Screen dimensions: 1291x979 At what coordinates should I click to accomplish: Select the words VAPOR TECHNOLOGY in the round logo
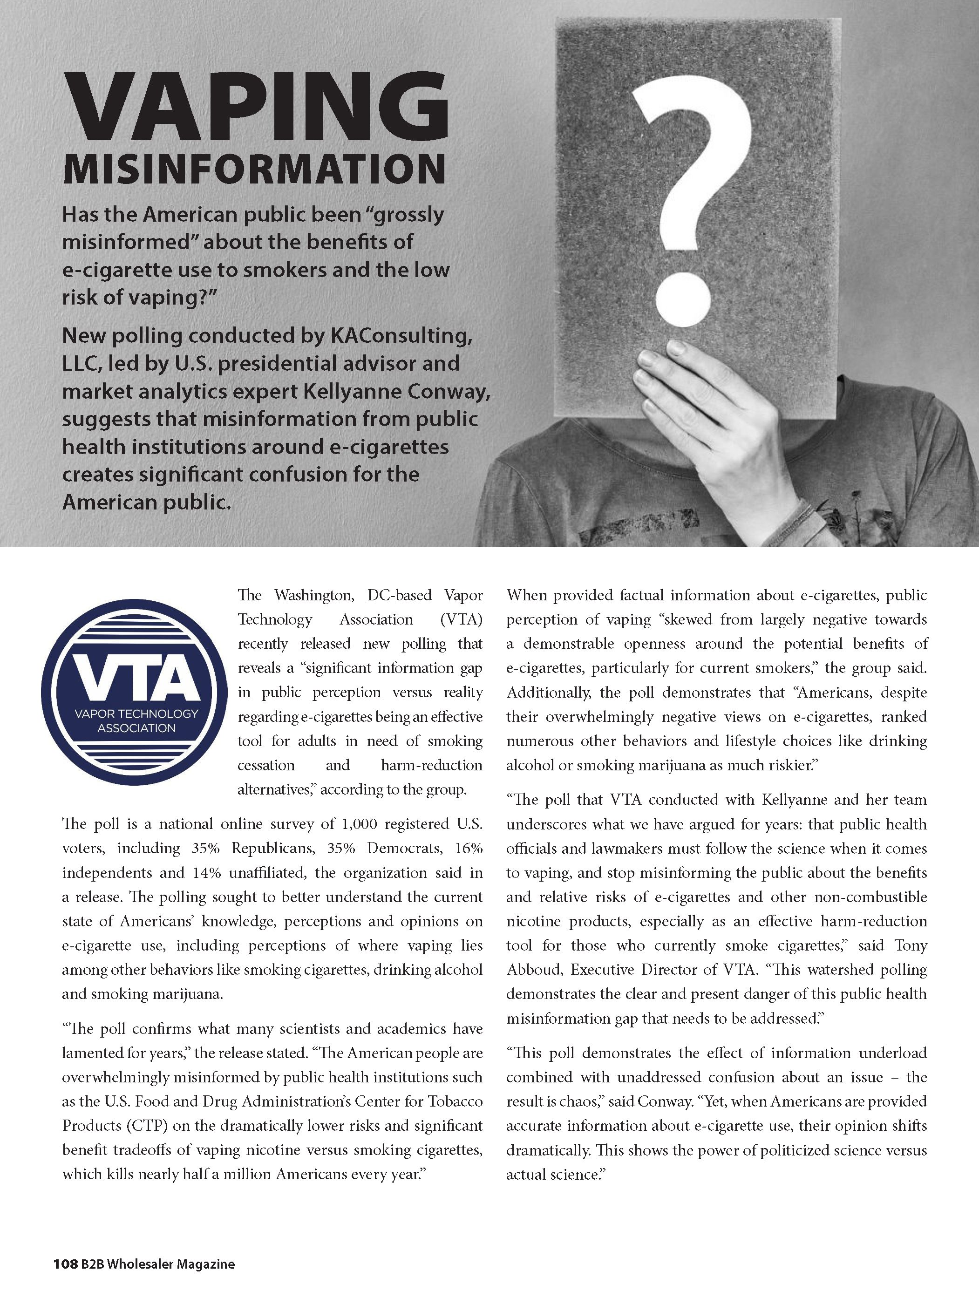pyautogui.click(x=136, y=714)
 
